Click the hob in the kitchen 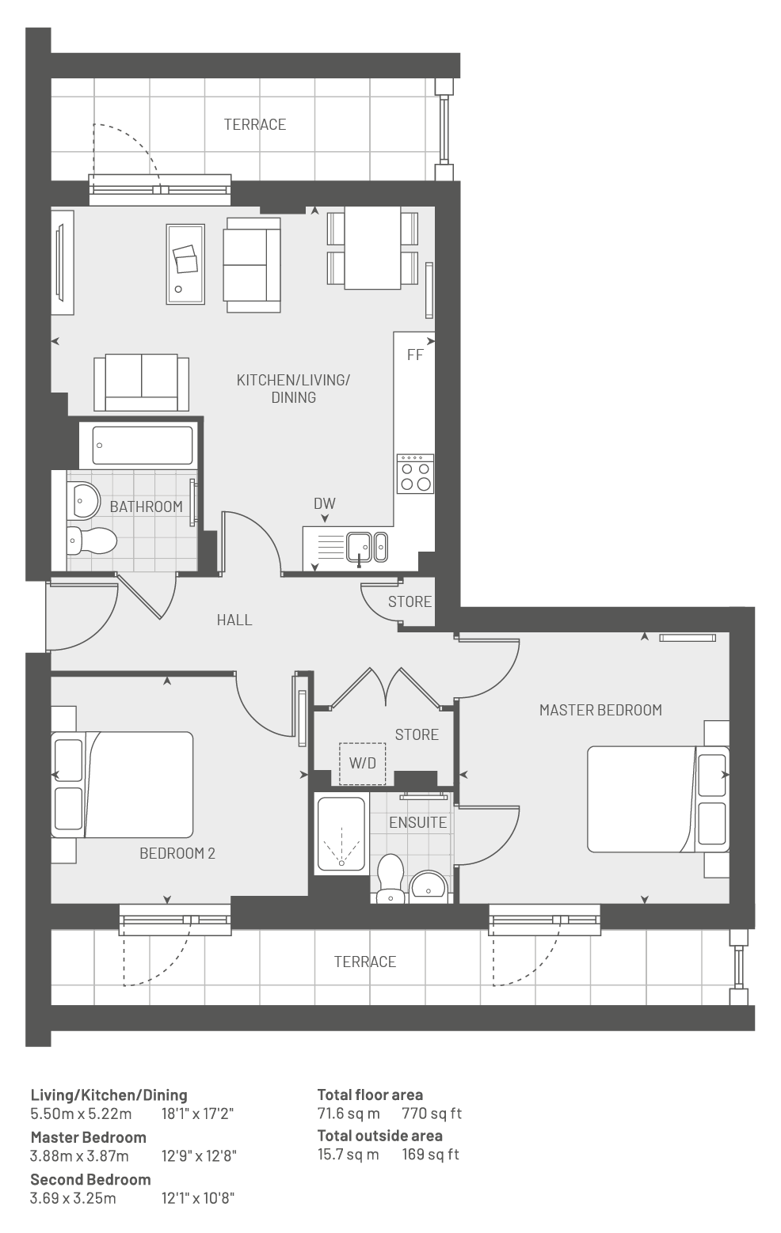click(415, 473)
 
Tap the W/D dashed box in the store click(363, 764)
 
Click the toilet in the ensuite click(390, 878)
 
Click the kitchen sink click(367, 547)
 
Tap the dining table click(372, 248)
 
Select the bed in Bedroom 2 click(122, 784)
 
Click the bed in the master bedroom click(658, 799)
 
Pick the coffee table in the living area click(185, 264)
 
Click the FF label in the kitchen click(415, 355)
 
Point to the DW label click(325, 503)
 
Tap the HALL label click(234, 620)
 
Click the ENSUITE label click(418, 822)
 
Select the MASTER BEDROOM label click(601, 710)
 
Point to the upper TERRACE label click(255, 124)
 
